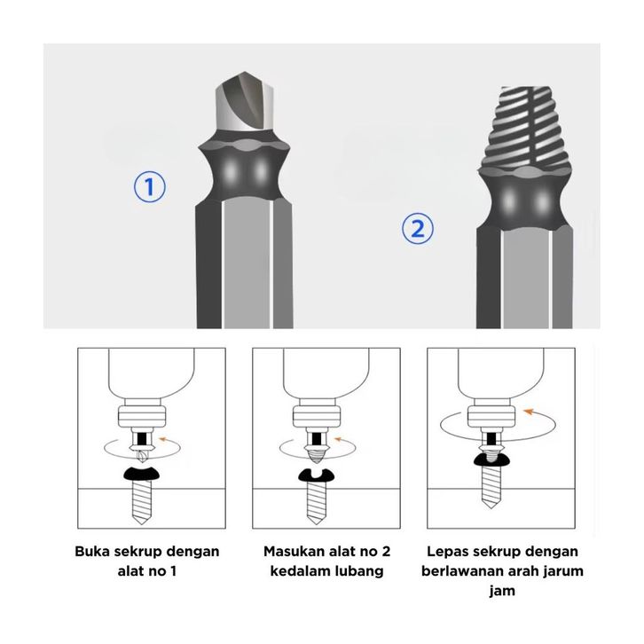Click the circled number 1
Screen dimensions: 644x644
[150, 186]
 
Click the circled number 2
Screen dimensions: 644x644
[417, 228]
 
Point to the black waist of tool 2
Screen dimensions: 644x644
[524, 200]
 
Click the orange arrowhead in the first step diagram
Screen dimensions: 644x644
[163, 439]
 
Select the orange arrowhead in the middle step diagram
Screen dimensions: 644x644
[339, 439]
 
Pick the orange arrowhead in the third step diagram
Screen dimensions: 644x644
[529, 411]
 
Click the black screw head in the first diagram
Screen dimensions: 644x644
[141, 475]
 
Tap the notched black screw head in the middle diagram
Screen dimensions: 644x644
[316, 475]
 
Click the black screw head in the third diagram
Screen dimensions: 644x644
[491, 459]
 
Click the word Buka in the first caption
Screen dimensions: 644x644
[92, 551]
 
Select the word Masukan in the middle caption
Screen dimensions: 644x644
[294, 551]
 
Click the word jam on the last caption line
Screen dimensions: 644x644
[502, 592]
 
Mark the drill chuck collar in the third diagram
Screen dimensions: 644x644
[491, 417]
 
